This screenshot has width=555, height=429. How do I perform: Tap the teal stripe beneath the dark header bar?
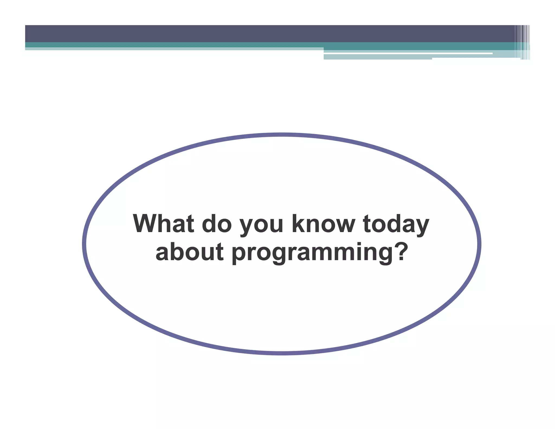pyautogui.click(x=173, y=44)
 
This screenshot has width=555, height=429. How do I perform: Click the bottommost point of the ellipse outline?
pyautogui.click(x=282, y=353)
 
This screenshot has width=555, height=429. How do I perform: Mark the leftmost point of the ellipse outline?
pyautogui.click(x=84, y=244)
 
